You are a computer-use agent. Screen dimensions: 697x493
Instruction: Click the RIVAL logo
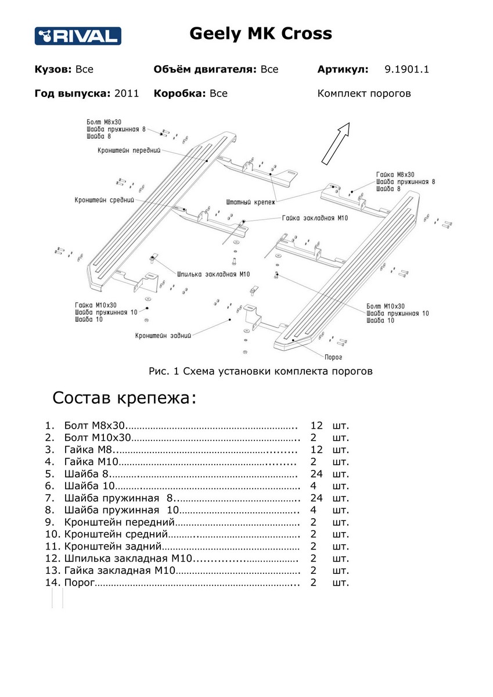tap(77, 36)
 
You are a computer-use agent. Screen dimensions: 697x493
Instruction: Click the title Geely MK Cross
tap(261, 34)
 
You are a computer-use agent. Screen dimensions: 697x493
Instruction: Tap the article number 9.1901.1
tap(406, 70)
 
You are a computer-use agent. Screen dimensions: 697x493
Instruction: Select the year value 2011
tap(127, 94)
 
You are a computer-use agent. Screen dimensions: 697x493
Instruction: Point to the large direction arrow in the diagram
tap(336, 142)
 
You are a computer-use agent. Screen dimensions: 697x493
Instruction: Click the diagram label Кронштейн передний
tap(128, 150)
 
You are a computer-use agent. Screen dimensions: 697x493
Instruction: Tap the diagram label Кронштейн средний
tap(105, 200)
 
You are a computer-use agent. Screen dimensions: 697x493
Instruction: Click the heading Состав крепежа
tap(125, 398)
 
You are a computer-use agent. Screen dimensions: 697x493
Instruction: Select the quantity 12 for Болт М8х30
tap(316, 426)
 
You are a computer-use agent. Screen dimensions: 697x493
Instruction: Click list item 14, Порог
tap(79, 583)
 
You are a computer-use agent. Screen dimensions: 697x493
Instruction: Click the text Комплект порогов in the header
tap(364, 94)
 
